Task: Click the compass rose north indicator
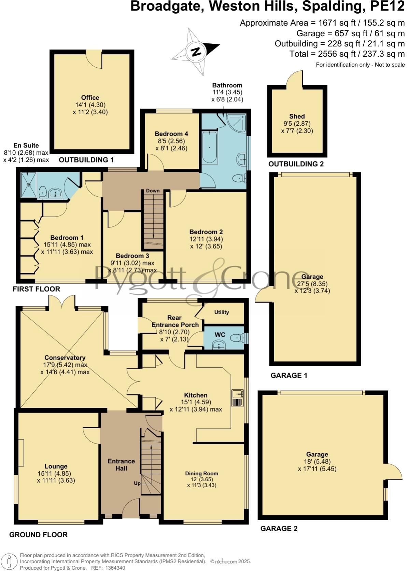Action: (196, 52)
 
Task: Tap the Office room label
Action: (90, 98)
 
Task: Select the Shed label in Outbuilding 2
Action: (297, 116)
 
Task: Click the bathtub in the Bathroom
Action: (209, 148)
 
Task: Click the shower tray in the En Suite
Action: (28, 185)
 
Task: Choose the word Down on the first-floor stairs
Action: (153, 191)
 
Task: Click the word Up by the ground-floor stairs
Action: (137, 483)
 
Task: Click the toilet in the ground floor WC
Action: (236, 338)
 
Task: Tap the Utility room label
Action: (222, 312)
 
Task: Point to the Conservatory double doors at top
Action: (62, 302)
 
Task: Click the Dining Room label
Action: (201, 473)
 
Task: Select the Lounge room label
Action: (56, 466)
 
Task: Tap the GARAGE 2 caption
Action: (279, 529)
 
